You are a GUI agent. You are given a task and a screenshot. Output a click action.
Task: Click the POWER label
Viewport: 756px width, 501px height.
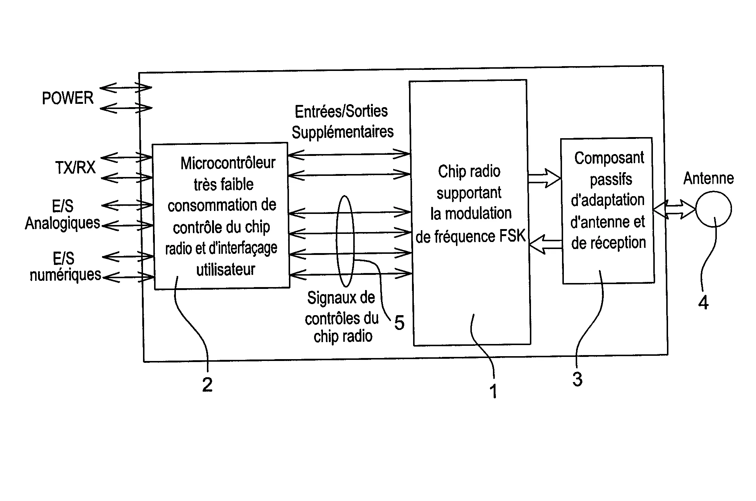coord(68,98)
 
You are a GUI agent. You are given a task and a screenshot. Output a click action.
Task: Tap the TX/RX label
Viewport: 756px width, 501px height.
coord(75,168)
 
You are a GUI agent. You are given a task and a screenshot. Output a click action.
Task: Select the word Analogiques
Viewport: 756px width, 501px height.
coord(62,224)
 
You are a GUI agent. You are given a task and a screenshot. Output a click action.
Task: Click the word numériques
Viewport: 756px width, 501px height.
coord(65,275)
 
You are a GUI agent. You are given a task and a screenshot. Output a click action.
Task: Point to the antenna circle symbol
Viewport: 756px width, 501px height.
coord(713,209)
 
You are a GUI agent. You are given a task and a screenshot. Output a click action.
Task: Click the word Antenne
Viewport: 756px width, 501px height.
coord(708,178)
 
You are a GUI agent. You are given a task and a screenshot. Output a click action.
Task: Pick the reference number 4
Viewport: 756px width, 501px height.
coord(703,303)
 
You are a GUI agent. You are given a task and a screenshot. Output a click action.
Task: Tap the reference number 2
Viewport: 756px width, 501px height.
coord(207,385)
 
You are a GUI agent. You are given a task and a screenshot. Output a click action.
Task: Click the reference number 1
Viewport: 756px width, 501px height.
coord(493,391)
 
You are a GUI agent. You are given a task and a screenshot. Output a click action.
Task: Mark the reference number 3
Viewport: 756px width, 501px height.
coord(578,379)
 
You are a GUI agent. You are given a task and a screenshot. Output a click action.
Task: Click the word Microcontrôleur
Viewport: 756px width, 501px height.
coord(228,163)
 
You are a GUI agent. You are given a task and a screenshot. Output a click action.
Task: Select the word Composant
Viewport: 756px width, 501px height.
coord(609,159)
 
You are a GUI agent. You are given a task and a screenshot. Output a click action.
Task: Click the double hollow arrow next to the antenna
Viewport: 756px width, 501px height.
coord(674,210)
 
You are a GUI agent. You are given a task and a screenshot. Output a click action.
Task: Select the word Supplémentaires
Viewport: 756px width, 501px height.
coord(343,132)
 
